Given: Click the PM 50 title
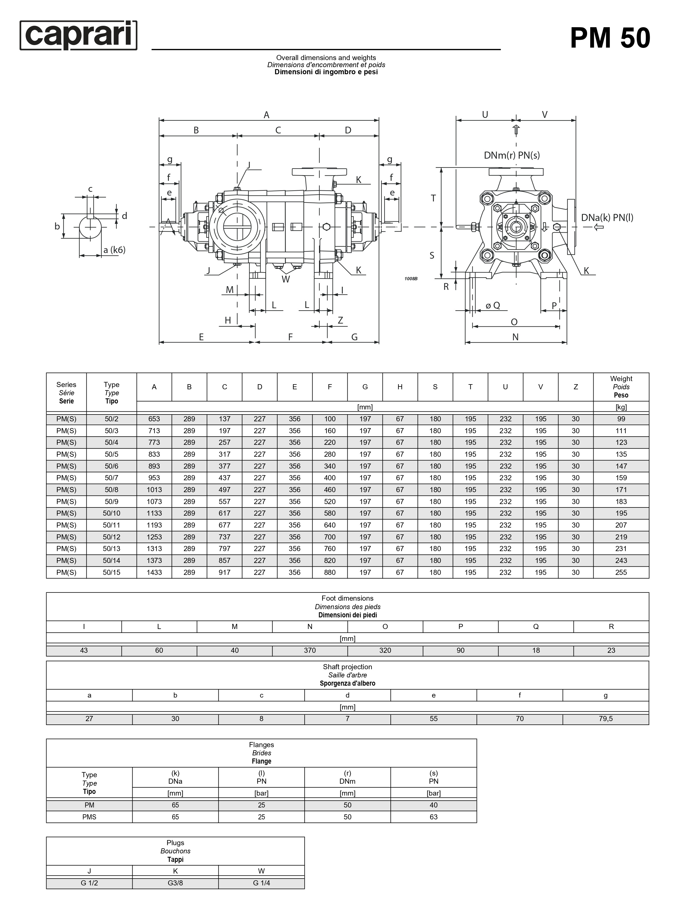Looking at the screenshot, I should [610, 38].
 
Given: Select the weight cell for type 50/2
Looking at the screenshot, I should [621, 419].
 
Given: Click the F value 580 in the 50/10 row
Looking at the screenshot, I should [330, 513].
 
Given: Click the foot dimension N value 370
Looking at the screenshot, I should [310, 650].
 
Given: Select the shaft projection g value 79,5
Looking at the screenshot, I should [605, 719].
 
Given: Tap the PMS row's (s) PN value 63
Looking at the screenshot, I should [434, 817].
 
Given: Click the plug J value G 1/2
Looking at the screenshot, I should [89, 883].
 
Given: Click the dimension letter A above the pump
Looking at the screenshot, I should [267, 115].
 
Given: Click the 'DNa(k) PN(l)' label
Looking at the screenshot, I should [607, 218].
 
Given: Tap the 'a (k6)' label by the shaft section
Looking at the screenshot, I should [114, 250].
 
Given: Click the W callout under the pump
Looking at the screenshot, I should [286, 279].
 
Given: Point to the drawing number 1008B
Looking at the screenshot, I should [411, 279].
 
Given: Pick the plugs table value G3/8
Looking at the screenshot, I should [175, 883].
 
